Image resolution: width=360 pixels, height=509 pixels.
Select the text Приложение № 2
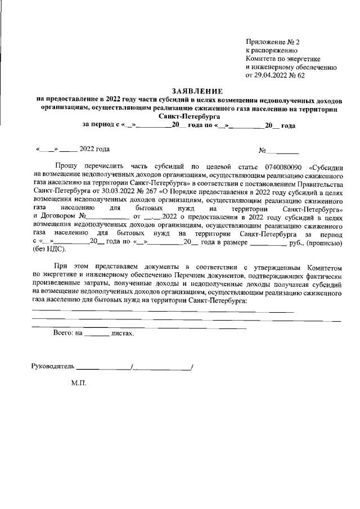tap(273, 43)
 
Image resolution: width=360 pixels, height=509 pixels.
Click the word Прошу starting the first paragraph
tap(67, 167)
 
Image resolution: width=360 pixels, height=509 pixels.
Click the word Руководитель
tap(52, 366)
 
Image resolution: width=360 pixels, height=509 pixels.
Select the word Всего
tap(63, 333)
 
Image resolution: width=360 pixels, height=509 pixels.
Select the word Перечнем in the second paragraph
tap(187, 276)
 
